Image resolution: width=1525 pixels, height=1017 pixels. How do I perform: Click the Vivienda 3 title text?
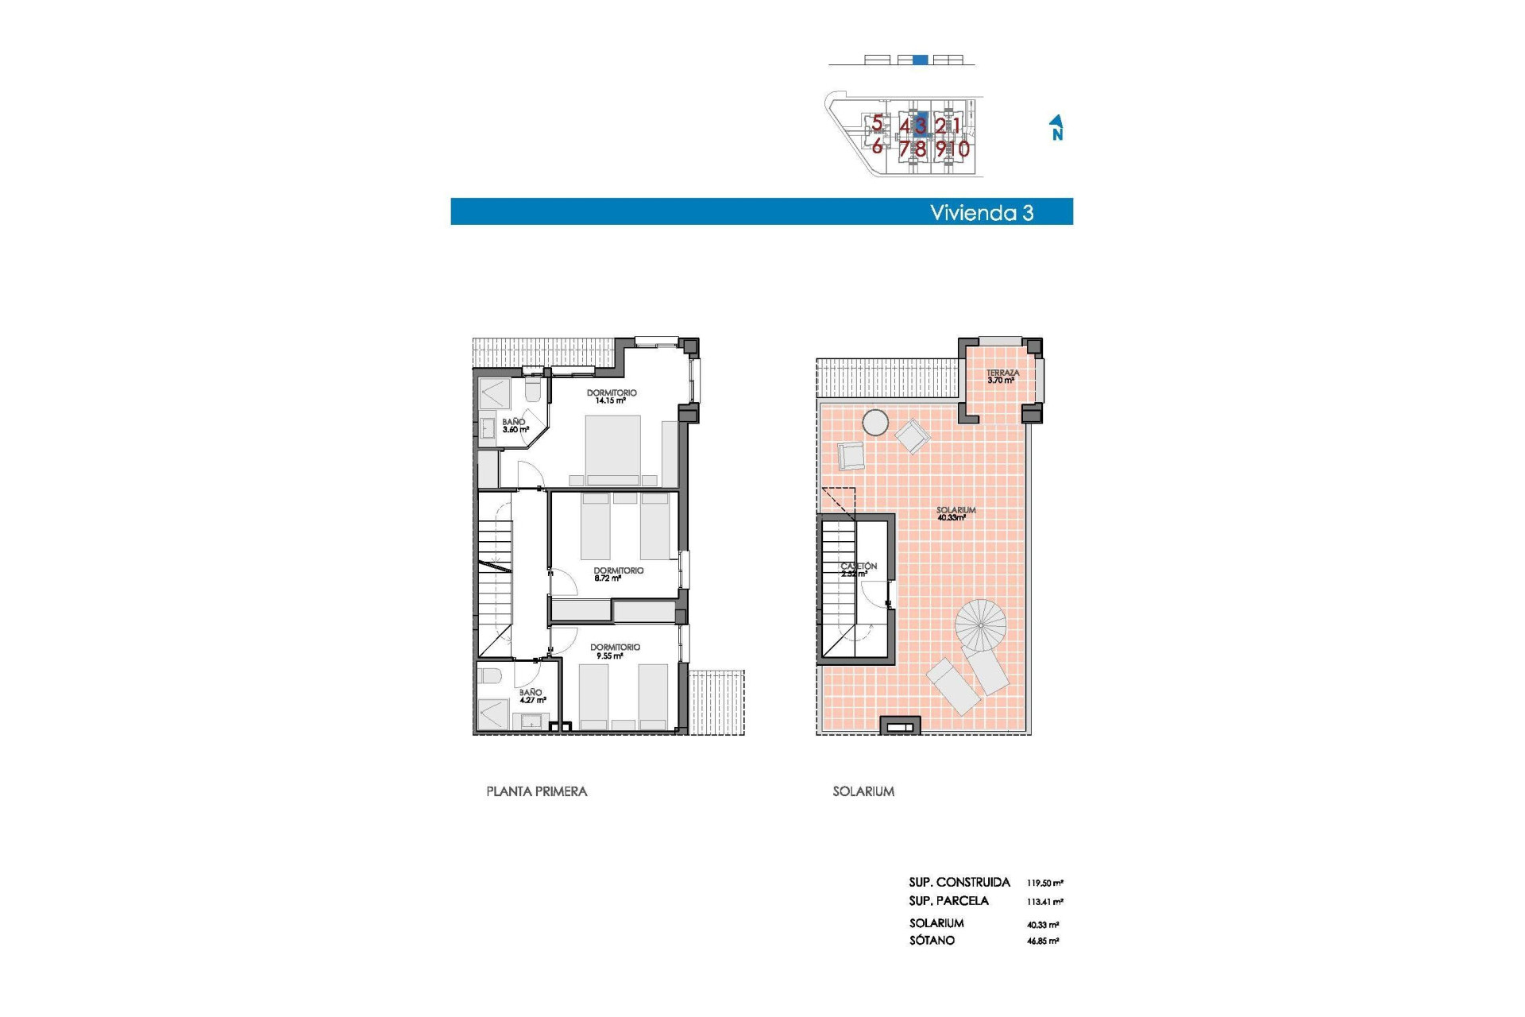(981, 213)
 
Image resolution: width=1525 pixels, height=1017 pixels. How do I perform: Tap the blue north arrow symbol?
(1056, 127)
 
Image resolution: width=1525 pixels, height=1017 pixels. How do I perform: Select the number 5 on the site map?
(877, 123)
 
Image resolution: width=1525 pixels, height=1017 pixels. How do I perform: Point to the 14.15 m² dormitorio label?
(611, 396)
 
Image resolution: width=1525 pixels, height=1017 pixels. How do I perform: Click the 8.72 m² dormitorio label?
(617, 574)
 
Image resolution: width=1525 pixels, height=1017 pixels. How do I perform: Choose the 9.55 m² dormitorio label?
(614, 652)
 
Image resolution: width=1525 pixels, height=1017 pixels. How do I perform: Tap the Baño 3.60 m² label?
(515, 426)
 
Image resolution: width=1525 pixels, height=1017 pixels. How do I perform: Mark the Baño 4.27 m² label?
(531, 696)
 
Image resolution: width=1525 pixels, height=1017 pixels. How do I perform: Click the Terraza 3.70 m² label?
(1002, 377)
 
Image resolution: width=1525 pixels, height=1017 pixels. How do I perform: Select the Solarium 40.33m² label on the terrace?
(955, 514)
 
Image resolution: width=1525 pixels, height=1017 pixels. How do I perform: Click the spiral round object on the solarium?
(981, 625)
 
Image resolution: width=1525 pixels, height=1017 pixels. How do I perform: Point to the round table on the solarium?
(875, 423)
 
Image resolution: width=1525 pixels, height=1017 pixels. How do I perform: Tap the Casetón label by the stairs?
(858, 570)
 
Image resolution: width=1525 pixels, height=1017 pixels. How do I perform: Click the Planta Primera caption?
(536, 791)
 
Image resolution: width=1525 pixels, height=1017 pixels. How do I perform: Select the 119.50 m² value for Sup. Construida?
(1044, 883)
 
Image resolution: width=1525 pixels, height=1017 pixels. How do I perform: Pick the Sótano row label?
(932, 941)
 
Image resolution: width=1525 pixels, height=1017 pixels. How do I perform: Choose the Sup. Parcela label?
(948, 901)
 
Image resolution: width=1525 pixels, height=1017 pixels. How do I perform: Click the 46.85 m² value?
(1042, 941)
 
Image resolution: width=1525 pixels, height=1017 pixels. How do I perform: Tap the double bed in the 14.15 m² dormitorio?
(612, 449)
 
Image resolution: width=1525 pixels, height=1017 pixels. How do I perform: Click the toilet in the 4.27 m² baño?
(489, 676)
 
